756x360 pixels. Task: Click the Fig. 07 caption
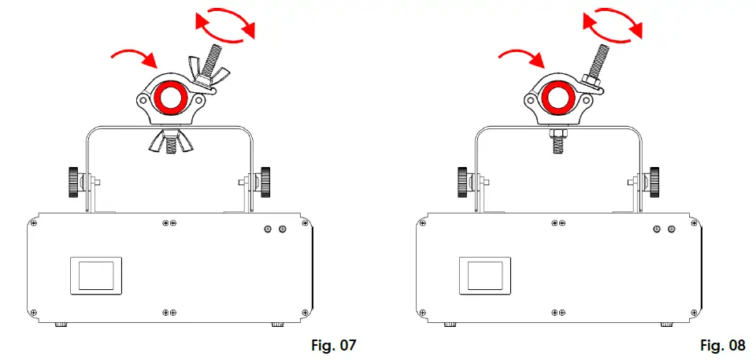(335, 345)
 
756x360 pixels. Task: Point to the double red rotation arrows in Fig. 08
(613, 24)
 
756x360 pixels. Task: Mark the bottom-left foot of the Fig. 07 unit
(59, 324)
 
